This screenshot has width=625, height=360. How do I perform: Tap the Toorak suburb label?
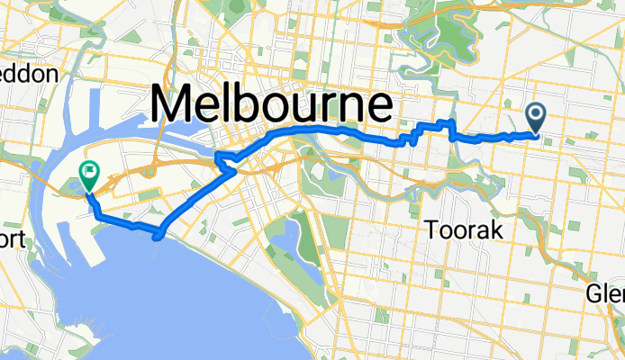tap(463, 230)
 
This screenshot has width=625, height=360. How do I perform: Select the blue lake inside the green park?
tap(290, 236)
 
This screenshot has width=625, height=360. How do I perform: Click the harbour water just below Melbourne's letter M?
tap(180, 135)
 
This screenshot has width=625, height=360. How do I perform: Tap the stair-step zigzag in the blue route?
tap(413, 138)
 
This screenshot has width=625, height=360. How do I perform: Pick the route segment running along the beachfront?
tap(126, 222)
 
